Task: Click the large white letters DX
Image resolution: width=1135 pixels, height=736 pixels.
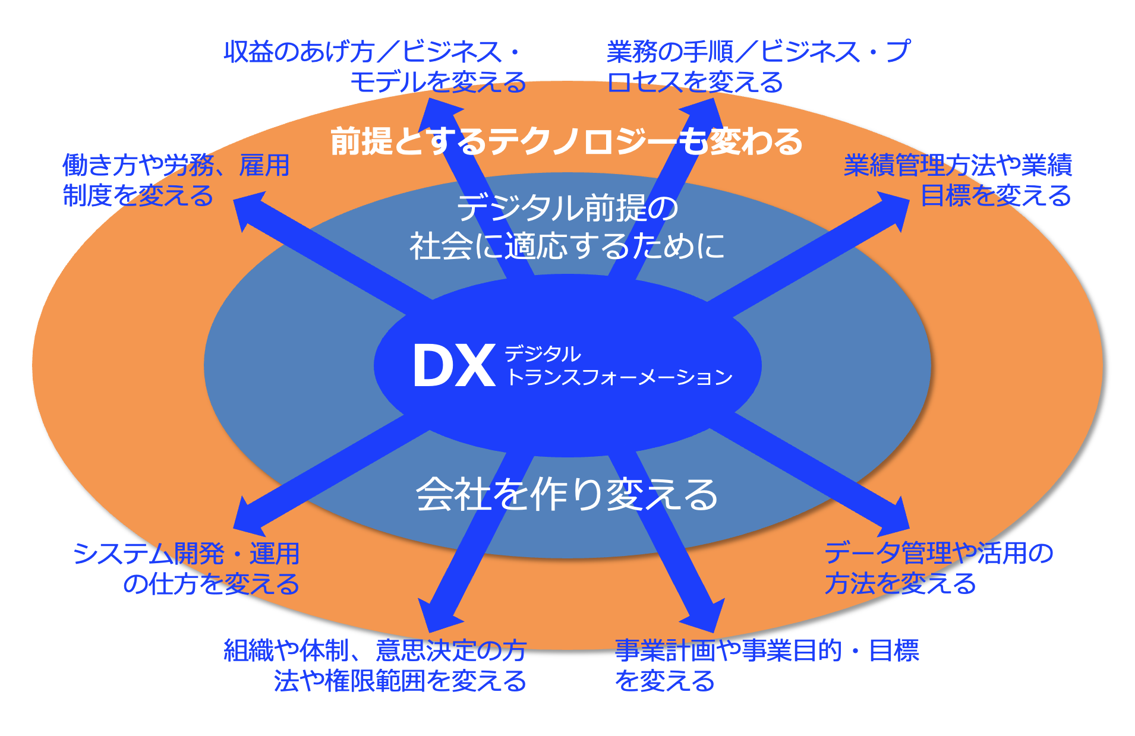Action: pyautogui.click(x=454, y=366)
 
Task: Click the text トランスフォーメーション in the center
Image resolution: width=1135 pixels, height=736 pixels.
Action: pyautogui.click(x=619, y=377)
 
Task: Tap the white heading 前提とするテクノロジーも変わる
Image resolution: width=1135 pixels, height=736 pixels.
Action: pyautogui.click(x=566, y=141)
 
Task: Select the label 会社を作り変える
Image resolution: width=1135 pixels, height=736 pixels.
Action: pyautogui.click(x=567, y=494)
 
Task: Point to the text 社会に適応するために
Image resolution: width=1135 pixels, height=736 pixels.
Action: pyautogui.click(x=567, y=245)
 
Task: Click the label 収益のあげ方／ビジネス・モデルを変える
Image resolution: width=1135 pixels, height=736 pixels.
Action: pyautogui.click(x=375, y=67)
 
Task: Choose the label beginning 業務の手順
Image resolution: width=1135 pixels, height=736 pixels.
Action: pyautogui.click(x=758, y=67)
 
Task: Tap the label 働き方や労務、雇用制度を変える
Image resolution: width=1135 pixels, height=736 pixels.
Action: pyautogui.click(x=176, y=180)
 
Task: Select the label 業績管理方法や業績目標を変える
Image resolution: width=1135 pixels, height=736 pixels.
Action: pyautogui.click(x=958, y=180)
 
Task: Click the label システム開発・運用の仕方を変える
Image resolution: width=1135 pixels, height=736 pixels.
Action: pyautogui.click(x=186, y=568)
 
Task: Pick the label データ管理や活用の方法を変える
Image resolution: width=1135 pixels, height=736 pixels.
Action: pyautogui.click(x=939, y=568)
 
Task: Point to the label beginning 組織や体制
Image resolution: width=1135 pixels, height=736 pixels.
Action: pyautogui.click(x=375, y=665)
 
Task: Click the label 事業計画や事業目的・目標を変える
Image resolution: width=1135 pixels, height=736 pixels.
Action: pyautogui.click(x=767, y=665)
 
